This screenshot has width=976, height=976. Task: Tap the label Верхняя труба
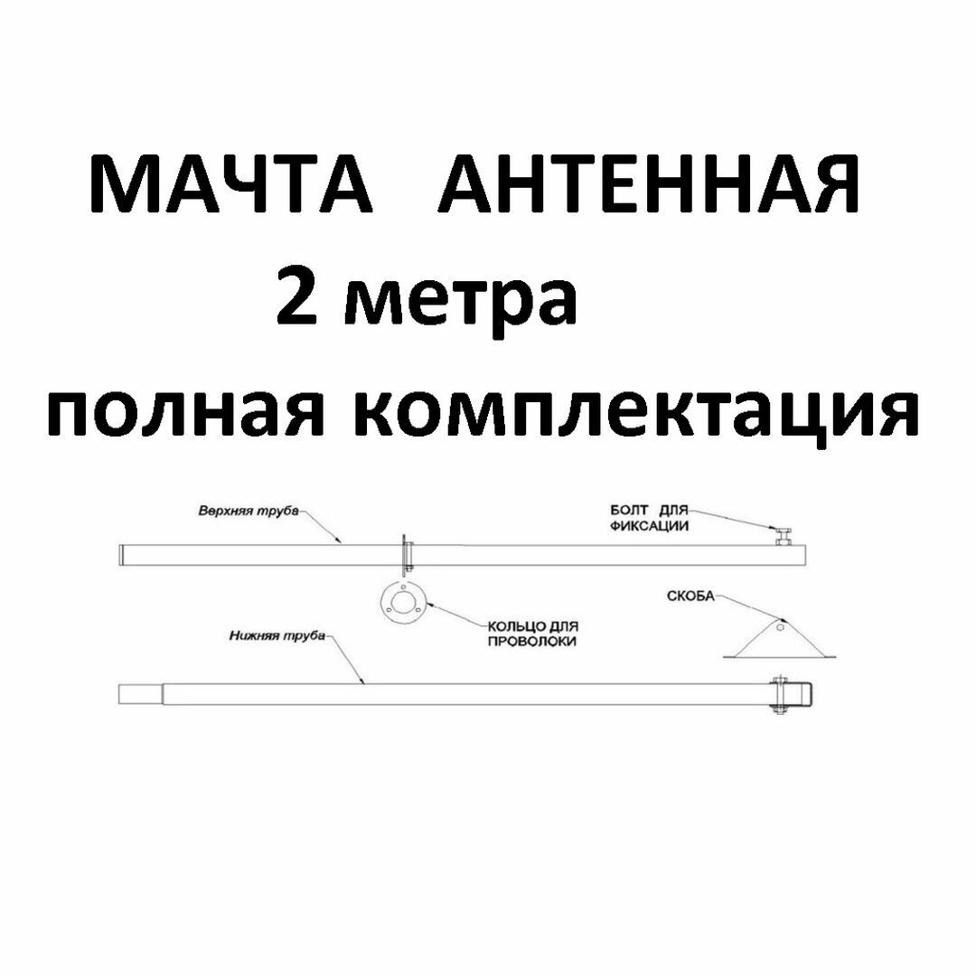(x=248, y=511)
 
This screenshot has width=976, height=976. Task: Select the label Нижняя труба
(x=275, y=637)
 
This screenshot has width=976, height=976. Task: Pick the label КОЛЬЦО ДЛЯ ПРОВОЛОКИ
(x=532, y=633)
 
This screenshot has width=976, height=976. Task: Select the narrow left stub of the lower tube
(x=140, y=694)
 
